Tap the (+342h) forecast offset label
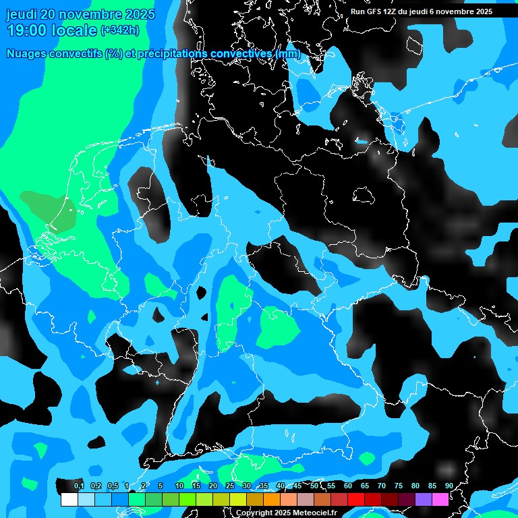pyautogui.click(x=119, y=30)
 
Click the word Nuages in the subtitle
pyautogui.click(x=26, y=54)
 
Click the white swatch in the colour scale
pyautogui.click(x=69, y=499)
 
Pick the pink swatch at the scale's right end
pyautogui.click(x=440, y=499)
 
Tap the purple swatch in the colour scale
pyautogui.click(x=423, y=499)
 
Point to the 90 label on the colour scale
pyautogui.click(x=449, y=486)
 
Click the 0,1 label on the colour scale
pyautogui.click(x=78, y=486)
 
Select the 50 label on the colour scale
pyautogui.click(x=314, y=486)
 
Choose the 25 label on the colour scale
pyautogui.click(x=230, y=486)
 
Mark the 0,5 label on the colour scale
pyautogui.click(x=112, y=486)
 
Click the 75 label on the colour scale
pyautogui.click(x=399, y=486)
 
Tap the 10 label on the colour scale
pyautogui.click(x=179, y=486)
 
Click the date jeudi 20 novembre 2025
pyautogui.click(x=80, y=14)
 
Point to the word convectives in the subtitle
pyautogui.click(x=242, y=54)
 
